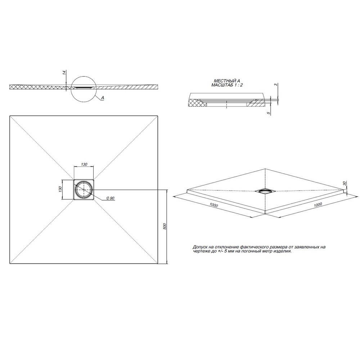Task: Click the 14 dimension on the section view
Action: (64, 73)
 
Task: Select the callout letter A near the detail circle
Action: (103, 98)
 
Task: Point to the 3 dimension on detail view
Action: (276, 85)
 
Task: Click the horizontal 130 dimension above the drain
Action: (84, 164)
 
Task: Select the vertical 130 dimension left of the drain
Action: (60, 189)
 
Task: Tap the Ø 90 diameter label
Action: (110, 198)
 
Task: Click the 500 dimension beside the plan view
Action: (165, 226)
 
